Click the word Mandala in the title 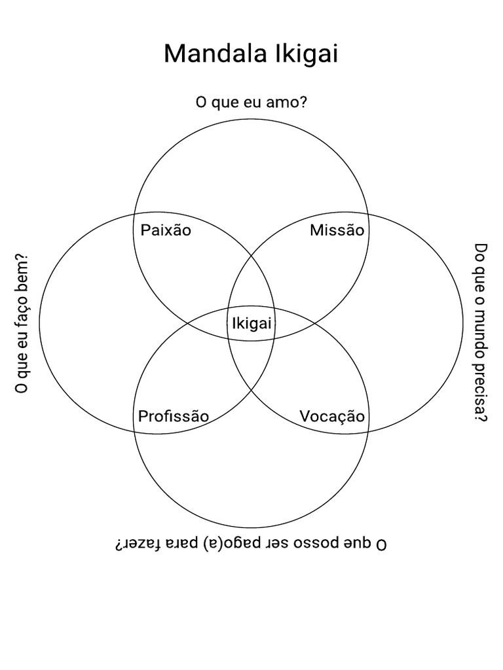[208, 54]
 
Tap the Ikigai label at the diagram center [251, 323]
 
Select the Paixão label [166, 230]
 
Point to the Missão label [337, 230]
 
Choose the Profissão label [174, 416]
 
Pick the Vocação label [332, 416]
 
